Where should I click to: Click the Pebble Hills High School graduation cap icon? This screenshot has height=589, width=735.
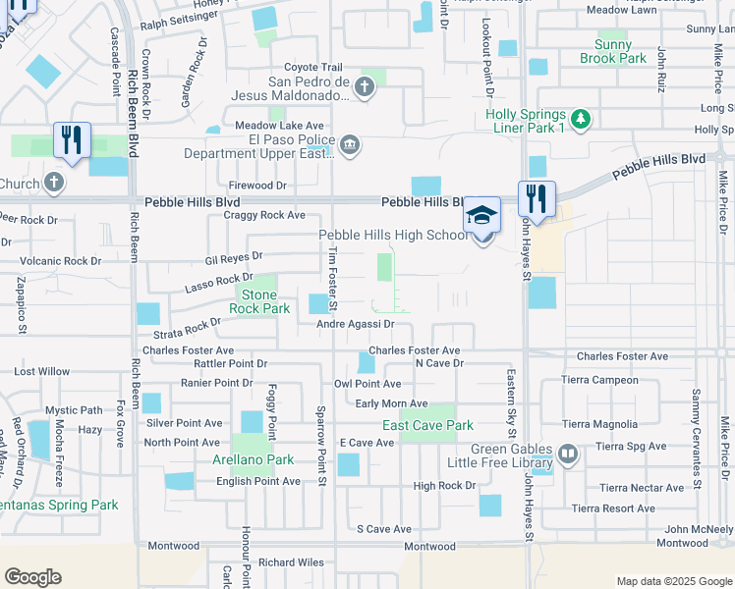(x=481, y=214)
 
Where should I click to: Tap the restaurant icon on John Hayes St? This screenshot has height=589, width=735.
(x=537, y=197)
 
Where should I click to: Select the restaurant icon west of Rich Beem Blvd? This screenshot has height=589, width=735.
(x=71, y=138)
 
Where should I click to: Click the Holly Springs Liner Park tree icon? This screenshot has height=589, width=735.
(x=582, y=120)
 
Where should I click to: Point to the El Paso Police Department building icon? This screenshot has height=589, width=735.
(x=350, y=146)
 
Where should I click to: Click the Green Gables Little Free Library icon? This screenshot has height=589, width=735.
(x=567, y=454)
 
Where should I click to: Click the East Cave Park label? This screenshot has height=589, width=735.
(x=427, y=425)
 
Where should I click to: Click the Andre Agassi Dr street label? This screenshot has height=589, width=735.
(x=355, y=324)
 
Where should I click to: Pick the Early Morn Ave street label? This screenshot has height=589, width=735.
(x=391, y=403)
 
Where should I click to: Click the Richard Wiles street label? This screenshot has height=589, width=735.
(x=291, y=562)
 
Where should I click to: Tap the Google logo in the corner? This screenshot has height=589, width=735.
(x=32, y=577)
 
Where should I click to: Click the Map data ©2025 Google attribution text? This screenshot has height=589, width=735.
(x=673, y=581)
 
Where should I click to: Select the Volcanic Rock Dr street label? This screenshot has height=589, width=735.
(x=62, y=261)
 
